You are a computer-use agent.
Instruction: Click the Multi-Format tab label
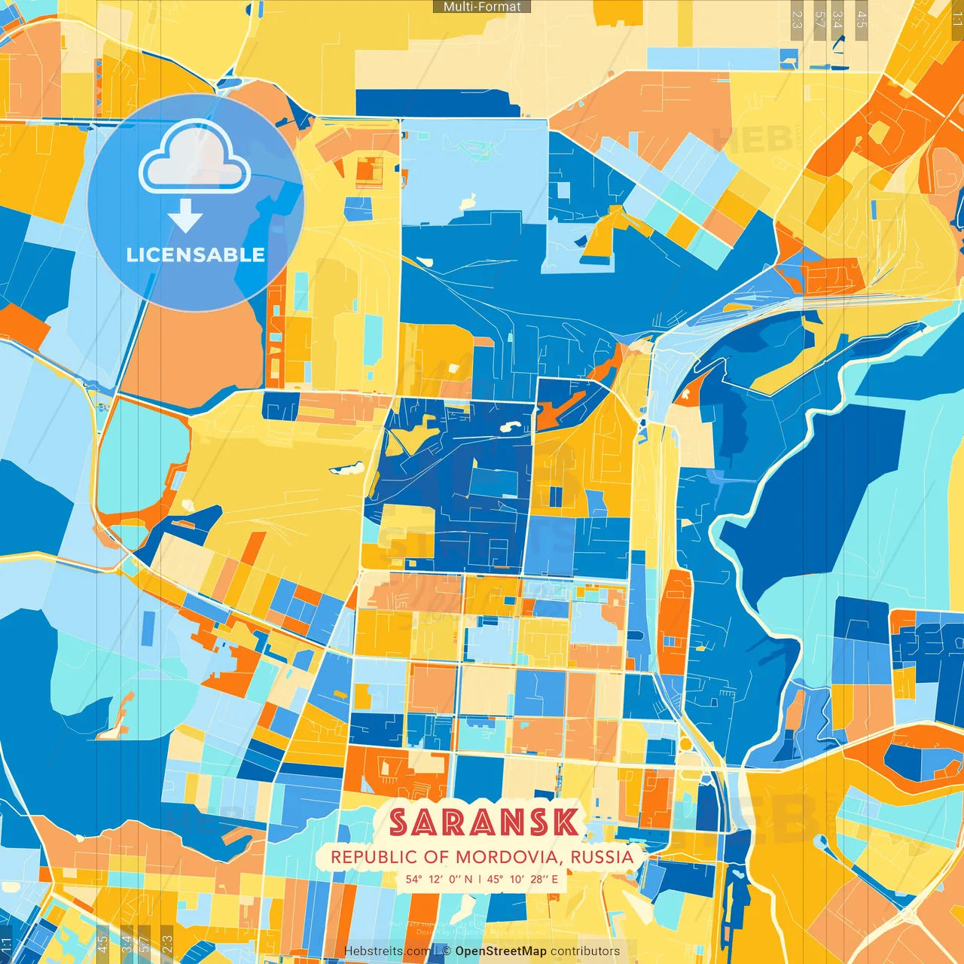[482, 7]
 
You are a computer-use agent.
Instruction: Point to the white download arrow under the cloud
[185, 216]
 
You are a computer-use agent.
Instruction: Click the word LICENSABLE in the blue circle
[196, 255]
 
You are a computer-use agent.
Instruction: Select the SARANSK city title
[484, 822]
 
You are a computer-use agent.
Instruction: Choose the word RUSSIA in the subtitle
[602, 857]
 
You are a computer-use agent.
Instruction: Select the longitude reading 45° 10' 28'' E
[523, 879]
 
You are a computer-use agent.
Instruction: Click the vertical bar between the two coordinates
[480, 879]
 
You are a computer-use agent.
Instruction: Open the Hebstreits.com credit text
[387, 951]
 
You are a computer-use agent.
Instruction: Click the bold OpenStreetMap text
[501, 951]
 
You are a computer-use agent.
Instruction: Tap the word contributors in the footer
[584, 951]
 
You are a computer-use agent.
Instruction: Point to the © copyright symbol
[446, 951]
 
